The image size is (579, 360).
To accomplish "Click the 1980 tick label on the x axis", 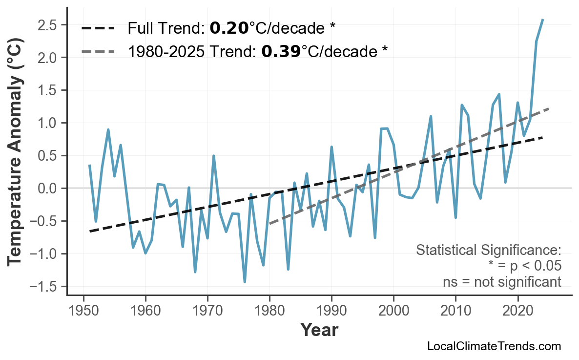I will (269, 311).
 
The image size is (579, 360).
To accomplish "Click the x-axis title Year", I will (319, 330).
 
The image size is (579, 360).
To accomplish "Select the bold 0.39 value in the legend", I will (281, 51).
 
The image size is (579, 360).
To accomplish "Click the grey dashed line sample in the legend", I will (98, 51).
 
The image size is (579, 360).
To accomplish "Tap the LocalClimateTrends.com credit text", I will (494, 346).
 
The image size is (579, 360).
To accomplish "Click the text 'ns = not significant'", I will (502, 282).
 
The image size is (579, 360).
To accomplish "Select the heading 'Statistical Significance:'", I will (488, 251).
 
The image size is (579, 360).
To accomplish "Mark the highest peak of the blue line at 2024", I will (543, 20).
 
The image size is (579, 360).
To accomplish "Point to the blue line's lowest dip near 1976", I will (245, 282).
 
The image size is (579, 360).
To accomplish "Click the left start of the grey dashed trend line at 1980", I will (269, 224).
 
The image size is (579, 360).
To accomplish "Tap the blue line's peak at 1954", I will (108, 130).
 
